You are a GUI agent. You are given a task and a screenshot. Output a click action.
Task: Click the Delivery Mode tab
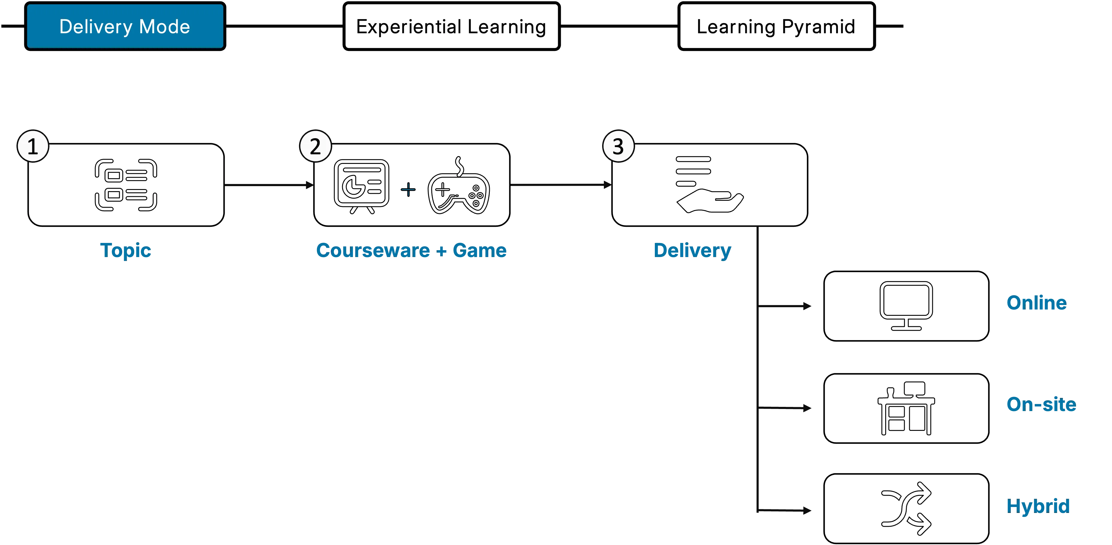pos(125,26)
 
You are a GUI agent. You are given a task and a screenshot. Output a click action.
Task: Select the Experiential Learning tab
pos(451,26)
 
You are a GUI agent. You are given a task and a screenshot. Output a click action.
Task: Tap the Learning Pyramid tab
pos(776,26)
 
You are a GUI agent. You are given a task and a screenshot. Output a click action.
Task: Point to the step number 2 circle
pos(315,147)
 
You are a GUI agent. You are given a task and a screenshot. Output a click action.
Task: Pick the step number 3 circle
pos(618,147)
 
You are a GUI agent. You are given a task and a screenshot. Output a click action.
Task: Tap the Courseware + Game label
pos(411,250)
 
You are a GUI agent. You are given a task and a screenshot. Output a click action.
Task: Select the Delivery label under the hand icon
pos(693,250)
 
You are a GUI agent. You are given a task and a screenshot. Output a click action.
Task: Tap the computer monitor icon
pos(906,305)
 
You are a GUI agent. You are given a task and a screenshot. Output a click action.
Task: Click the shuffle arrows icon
pos(906,508)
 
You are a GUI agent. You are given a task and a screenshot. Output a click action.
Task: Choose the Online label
pos(1036,303)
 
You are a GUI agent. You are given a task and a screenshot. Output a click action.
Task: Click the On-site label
pos(1041,405)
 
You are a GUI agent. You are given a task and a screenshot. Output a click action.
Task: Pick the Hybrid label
pos(1038,506)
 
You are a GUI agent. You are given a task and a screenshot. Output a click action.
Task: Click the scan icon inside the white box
pos(126,185)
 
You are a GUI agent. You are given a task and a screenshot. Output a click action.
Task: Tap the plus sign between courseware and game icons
pos(408,190)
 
